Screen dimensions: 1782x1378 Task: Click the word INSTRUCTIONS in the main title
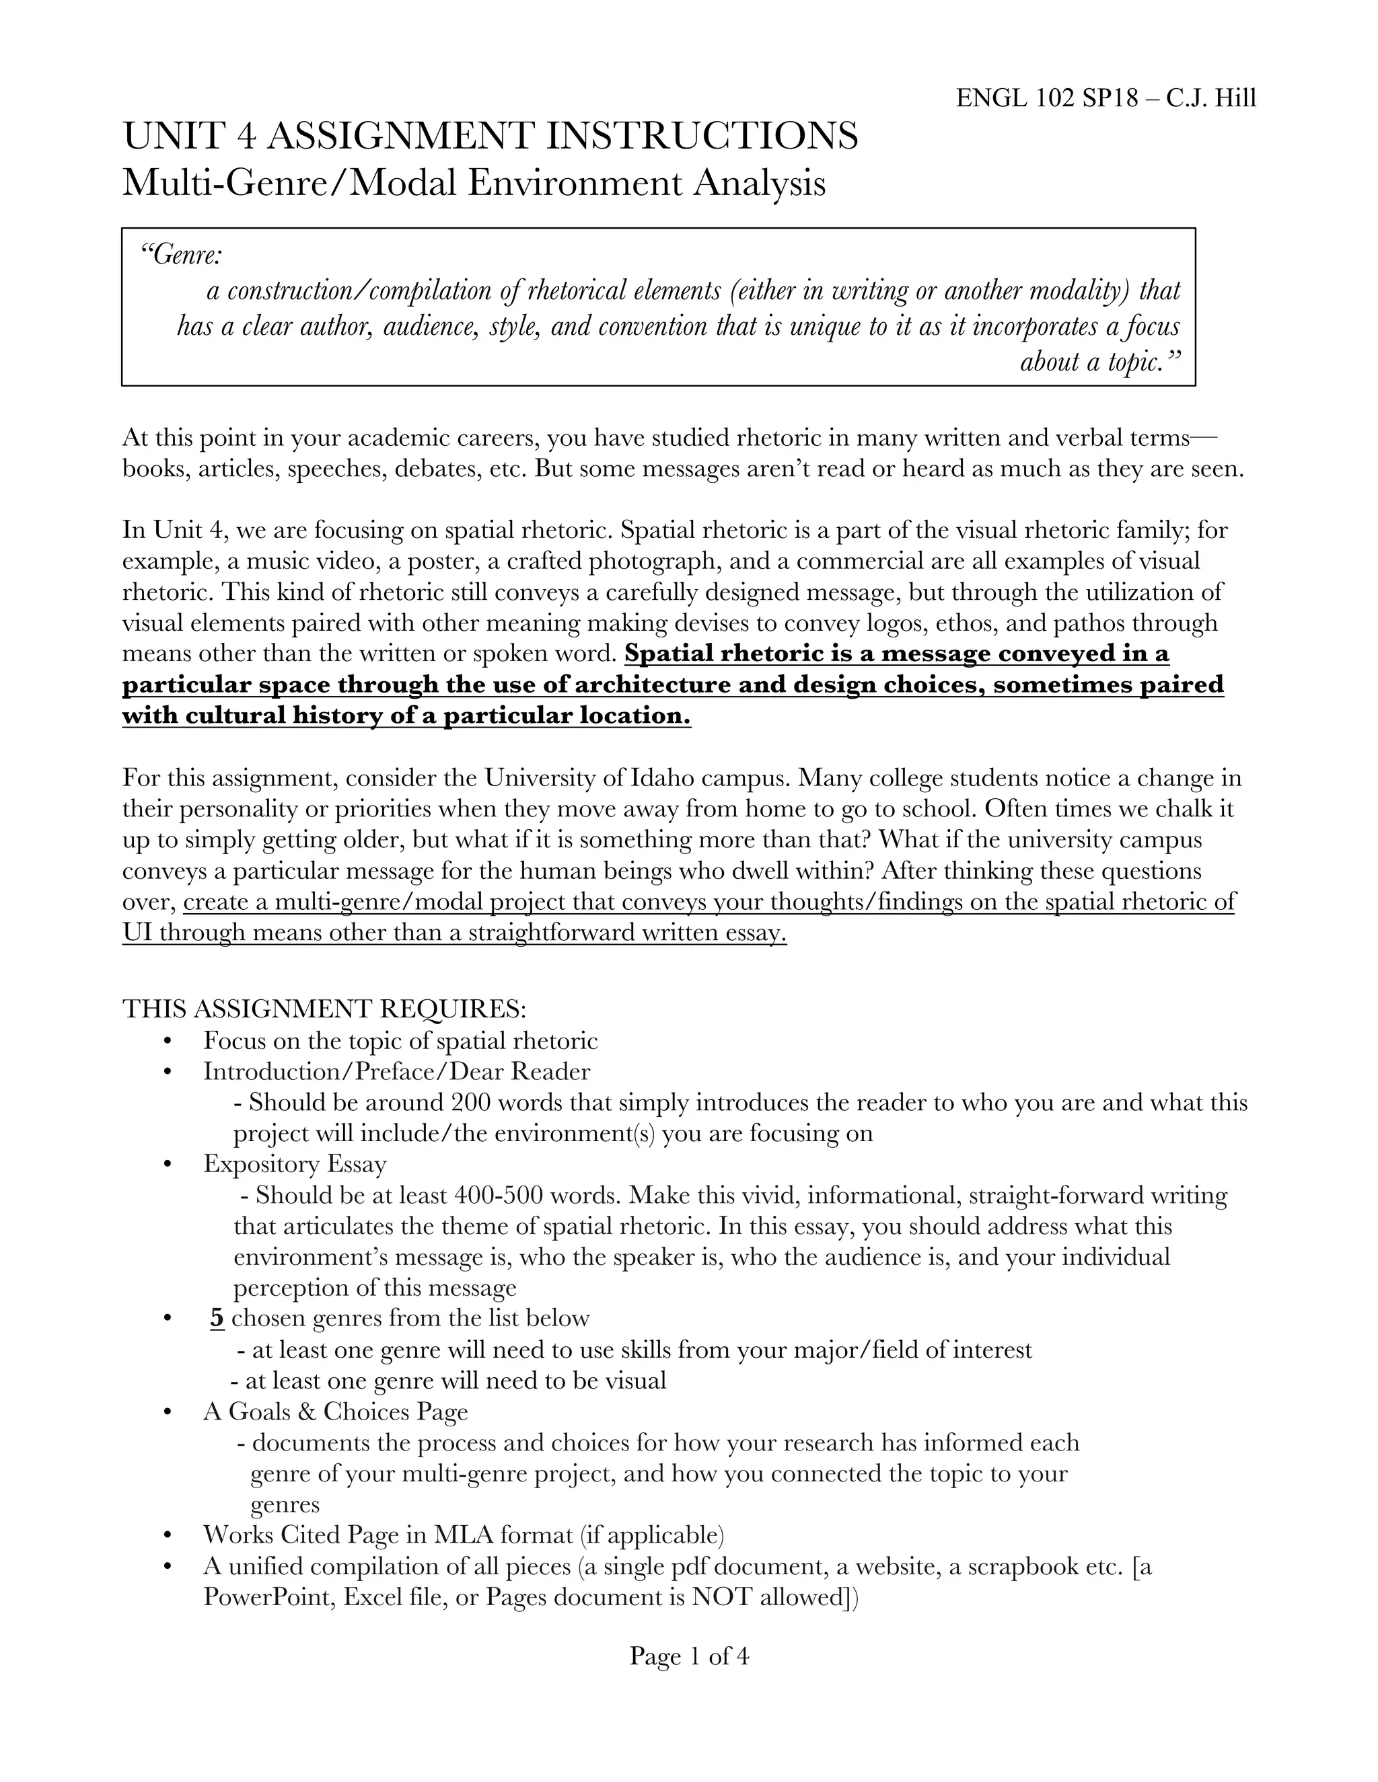coord(701,135)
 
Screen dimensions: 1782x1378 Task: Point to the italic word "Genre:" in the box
coord(181,256)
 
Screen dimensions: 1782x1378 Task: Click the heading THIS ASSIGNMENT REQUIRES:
coord(325,1009)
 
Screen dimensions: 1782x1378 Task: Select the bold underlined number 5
coord(217,1319)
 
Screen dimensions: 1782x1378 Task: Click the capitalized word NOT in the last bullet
coord(722,1598)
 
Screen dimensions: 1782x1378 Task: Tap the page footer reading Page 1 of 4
coord(689,1656)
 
